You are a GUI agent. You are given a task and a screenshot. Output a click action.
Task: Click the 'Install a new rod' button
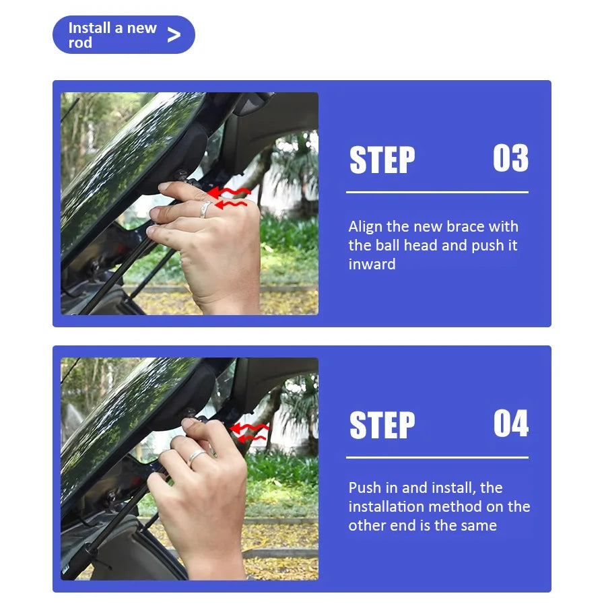pos(124,35)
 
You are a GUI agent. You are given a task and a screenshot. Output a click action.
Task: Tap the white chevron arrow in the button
pos(174,35)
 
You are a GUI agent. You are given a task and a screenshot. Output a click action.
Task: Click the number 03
pos(510,158)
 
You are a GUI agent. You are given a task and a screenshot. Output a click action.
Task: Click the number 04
pos(511,424)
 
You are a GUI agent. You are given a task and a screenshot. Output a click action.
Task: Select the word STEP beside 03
pos(382,160)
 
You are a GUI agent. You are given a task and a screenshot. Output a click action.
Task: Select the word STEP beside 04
pos(382,425)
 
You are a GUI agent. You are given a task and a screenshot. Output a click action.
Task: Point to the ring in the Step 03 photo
pos(205,209)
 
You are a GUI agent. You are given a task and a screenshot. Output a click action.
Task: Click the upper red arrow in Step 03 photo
pos(229,192)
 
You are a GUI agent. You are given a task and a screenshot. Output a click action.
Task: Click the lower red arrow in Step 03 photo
pos(231,204)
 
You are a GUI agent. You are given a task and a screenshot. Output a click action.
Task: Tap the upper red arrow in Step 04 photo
pos(249,428)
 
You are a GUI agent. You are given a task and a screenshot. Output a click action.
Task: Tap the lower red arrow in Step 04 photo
pos(251,438)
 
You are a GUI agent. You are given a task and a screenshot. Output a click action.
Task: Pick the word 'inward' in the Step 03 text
pos(372,265)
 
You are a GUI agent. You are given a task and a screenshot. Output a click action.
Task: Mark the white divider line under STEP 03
pos(437,192)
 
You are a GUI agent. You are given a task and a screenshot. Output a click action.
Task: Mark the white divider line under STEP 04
pos(437,457)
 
